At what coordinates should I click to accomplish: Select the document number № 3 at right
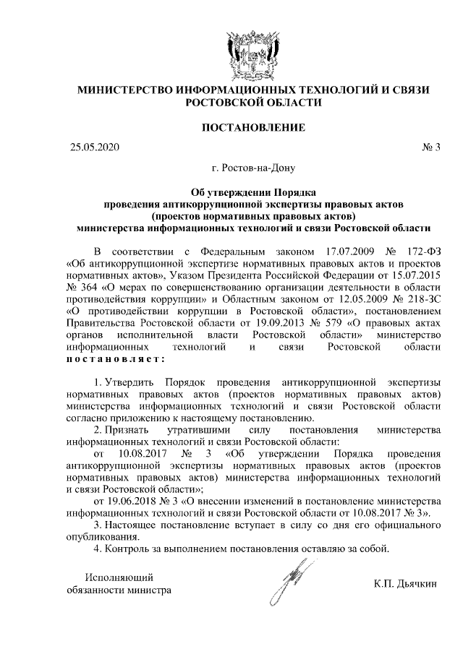coord(430,147)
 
